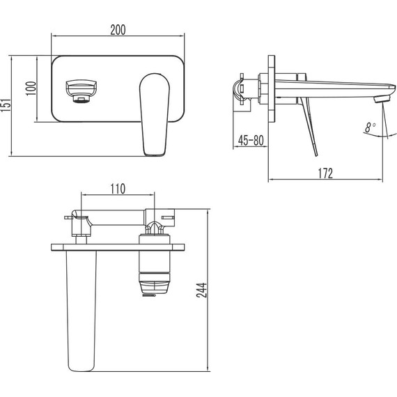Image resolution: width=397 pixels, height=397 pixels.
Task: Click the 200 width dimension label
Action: (x=118, y=29)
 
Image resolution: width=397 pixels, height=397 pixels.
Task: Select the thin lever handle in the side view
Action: (x=309, y=125)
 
